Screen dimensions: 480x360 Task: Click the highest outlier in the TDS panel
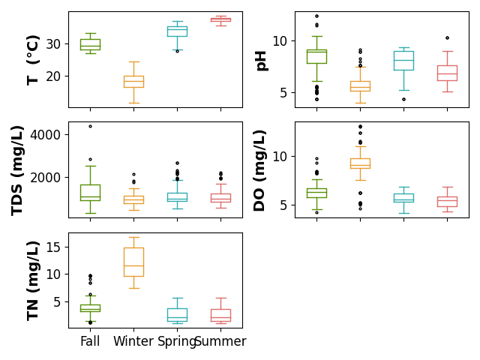tap(90, 126)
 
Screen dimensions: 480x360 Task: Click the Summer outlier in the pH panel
tap(447, 38)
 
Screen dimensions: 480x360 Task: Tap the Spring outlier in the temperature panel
tap(177, 51)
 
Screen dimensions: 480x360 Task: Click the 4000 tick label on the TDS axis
tap(45, 135)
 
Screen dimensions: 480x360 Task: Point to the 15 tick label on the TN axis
tap(53, 247)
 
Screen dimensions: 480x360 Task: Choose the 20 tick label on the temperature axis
tap(53, 76)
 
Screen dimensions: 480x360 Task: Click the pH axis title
tap(262, 61)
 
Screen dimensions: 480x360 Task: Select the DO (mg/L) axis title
tap(259, 170)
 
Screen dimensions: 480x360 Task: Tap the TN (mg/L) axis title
tap(33, 281)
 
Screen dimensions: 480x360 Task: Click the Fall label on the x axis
tap(90, 341)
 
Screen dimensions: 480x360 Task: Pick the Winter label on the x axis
tap(133, 341)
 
